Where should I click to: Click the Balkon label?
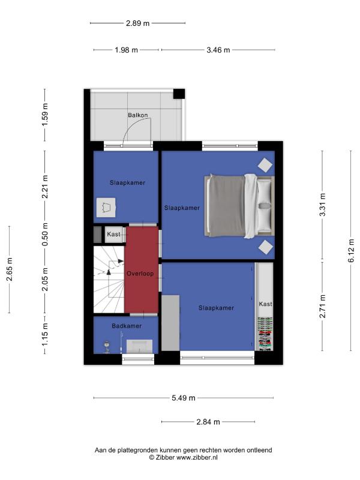point(138,115)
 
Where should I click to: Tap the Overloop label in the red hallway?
point(140,274)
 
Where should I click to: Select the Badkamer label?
point(127,326)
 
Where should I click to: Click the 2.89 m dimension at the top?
point(138,23)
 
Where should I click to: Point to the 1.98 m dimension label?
point(126,50)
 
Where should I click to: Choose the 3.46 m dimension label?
point(218,50)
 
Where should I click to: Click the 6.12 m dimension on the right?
point(351,251)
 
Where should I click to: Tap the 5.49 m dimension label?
point(184,398)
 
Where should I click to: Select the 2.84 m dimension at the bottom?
point(208,422)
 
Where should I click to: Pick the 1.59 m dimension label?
point(44,115)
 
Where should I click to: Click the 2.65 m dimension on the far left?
point(9,269)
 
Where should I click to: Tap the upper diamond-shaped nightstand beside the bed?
point(265,166)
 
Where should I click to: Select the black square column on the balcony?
point(179,94)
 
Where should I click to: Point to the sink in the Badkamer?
point(140,346)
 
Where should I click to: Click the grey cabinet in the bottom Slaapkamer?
point(170,323)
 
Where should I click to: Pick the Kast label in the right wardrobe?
point(265,304)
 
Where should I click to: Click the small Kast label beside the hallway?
point(113,234)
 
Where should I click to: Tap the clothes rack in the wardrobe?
point(265,334)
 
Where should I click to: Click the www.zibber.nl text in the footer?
point(197,458)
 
